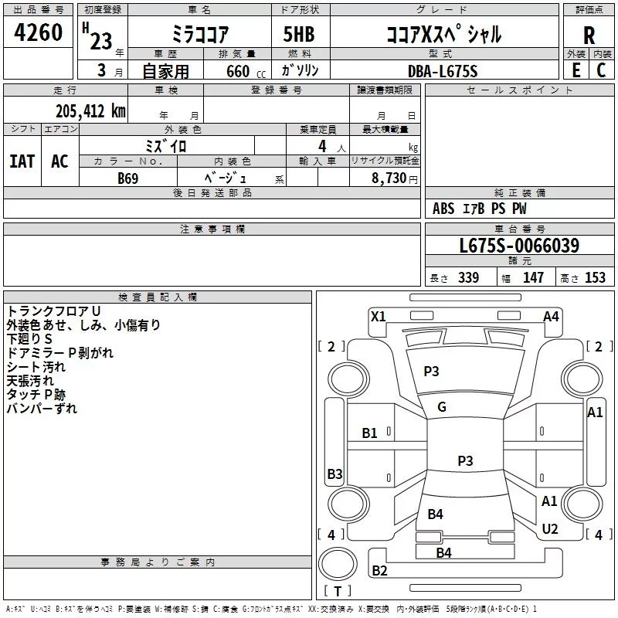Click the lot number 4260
39,33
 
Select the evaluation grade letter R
589,35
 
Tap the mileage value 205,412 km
90,111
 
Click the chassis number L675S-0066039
518,246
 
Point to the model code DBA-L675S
443,71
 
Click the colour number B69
127,178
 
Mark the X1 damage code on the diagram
378,316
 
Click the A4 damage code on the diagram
551,316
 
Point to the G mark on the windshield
442,407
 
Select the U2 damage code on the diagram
550,528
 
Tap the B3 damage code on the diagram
334,474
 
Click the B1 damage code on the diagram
370,433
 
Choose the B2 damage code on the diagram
379,571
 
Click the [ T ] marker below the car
337,592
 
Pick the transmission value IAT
22,161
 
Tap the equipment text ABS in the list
443,209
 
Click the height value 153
595,278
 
